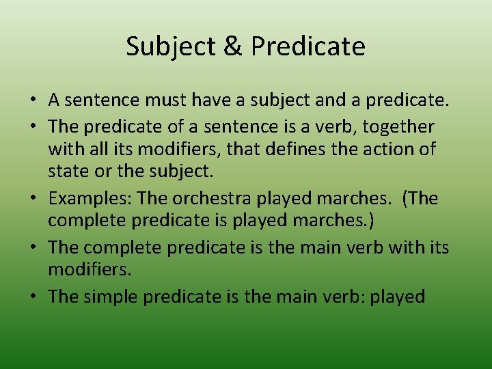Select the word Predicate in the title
point(308,46)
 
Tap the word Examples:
point(90,198)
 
